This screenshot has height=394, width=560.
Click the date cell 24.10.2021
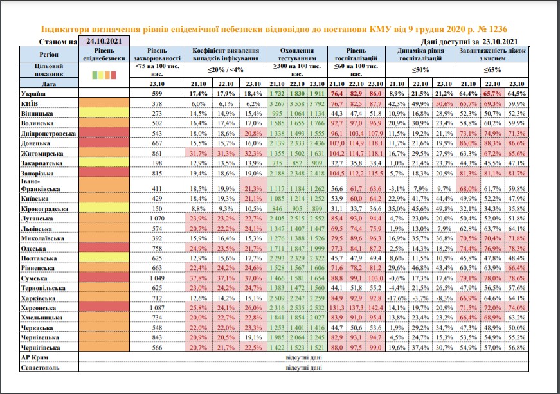[104, 41]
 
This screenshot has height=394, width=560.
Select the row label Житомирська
[42, 154]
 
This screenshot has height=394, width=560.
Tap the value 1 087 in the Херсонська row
[157, 308]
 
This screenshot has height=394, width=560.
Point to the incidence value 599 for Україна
[157, 93]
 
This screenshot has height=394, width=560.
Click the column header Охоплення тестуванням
[297, 54]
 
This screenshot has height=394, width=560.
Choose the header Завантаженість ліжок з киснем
[492, 54]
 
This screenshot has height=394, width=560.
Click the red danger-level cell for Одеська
[104, 248]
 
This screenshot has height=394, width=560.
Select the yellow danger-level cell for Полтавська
[104, 258]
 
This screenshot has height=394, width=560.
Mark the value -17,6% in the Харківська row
[397, 298]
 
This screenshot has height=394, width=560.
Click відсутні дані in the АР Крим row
[303, 357]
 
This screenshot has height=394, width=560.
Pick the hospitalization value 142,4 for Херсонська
[375, 308]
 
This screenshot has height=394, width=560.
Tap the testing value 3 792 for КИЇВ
[317, 104]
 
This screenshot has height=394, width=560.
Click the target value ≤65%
[492, 70]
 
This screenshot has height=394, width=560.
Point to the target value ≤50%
[420, 70]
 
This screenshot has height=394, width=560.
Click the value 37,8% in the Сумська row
[198, 278]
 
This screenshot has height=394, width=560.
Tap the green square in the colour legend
[95, 75]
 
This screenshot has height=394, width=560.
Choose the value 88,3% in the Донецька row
[492, 143]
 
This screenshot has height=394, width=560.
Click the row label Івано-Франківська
[41, 185]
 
